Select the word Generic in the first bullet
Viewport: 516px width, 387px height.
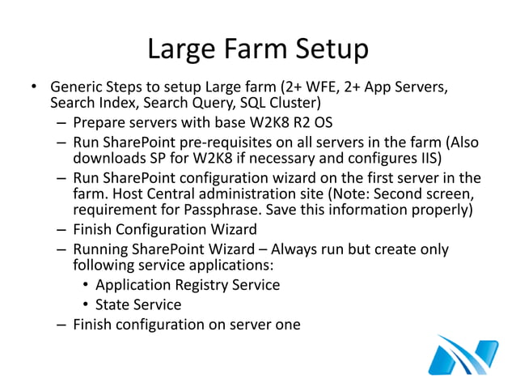[77, 87]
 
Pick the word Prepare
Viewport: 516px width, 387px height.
[99, 123]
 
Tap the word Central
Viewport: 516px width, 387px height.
[199, 194]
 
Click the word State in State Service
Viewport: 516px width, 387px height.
[113, 304]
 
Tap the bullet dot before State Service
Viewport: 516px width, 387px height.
[86, 305]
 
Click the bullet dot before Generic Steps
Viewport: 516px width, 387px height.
[33, 87]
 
